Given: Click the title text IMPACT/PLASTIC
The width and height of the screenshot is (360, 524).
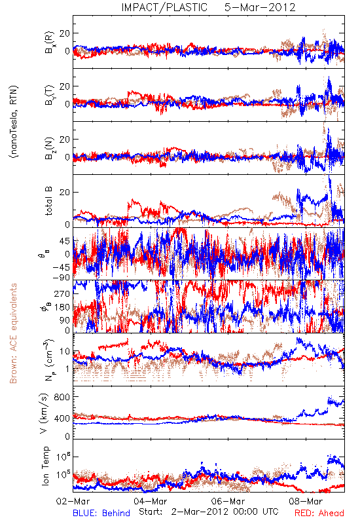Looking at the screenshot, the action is point(164,7).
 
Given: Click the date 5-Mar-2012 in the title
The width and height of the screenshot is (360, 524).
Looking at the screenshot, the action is point(260,7).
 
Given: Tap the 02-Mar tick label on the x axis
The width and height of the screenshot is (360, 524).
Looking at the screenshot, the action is point(73,501).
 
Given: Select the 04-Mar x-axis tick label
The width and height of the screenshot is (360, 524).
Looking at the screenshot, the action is point(151,501).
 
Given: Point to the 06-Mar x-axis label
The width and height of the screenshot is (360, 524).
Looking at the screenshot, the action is point(228,501).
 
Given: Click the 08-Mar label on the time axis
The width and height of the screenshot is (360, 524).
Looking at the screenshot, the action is point(306,501).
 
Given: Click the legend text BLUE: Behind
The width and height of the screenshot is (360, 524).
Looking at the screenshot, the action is point(101,513).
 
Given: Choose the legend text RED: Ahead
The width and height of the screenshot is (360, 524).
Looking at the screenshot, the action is point(319,513).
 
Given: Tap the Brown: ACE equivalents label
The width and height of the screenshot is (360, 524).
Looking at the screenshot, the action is point(13,333).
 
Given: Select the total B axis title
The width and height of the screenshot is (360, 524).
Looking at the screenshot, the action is point(48,200).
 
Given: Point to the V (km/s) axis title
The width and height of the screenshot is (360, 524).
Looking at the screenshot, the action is point(44,413).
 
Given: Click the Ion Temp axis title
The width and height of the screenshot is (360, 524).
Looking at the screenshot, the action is point(45,466).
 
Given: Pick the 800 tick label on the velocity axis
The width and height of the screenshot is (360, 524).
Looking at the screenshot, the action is point(62,397).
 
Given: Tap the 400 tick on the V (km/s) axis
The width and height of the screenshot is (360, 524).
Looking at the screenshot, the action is point(62,419).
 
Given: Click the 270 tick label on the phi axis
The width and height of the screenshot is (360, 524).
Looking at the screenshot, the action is point(62,293).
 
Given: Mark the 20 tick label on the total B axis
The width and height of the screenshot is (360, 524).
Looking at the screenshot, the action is point(65,193).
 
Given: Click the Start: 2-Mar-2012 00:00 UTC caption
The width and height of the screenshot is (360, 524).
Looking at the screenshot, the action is point(209,512).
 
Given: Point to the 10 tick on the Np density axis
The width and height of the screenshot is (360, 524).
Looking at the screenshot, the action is point(65,352).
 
